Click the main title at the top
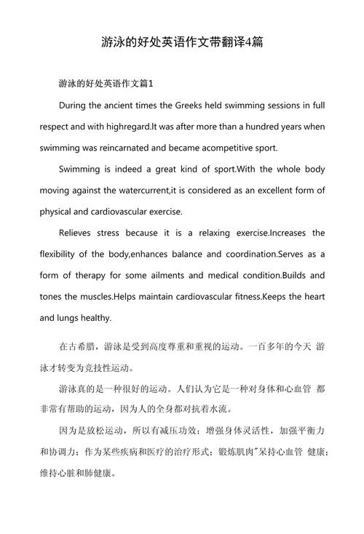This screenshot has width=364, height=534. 182,42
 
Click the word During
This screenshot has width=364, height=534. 76,105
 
